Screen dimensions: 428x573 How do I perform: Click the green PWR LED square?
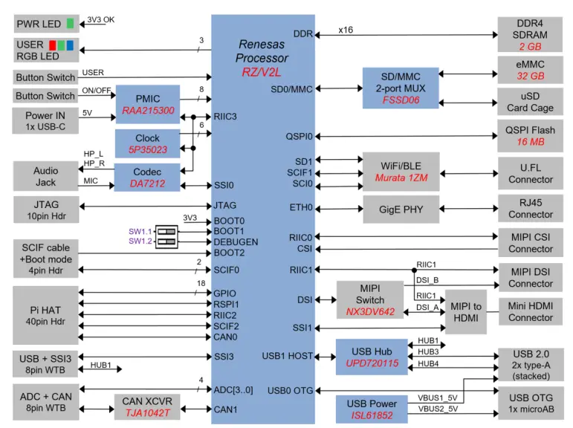coord(70,24)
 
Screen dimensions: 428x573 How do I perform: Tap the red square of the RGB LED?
coord(54,45)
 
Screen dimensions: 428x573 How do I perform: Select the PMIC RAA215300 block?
coord(147,104)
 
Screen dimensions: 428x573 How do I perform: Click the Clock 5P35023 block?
coord(147,143)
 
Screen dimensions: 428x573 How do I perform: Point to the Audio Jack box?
coord(45,178)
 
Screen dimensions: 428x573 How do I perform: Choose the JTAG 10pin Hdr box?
coord(45,210)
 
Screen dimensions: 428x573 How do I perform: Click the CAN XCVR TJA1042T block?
coord(147,408)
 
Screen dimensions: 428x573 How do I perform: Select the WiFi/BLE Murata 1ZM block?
coord(400,172)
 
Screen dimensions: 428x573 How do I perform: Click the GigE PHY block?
coord(400,210)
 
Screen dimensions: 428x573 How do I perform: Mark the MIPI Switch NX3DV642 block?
coord(369,299)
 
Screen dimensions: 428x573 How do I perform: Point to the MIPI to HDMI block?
coord(466,312)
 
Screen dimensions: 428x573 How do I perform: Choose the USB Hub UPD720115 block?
coord(372,357)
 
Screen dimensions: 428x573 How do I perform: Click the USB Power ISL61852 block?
coord(372,409)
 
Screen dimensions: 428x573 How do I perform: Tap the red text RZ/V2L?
coord(262,73)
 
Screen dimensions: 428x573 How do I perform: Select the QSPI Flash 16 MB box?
coord(531,136)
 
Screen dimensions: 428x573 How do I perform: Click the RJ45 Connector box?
coord(531,209)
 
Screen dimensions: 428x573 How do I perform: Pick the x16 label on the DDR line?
coord(346,30)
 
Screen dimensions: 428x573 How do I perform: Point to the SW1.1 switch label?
coord(140,231)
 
